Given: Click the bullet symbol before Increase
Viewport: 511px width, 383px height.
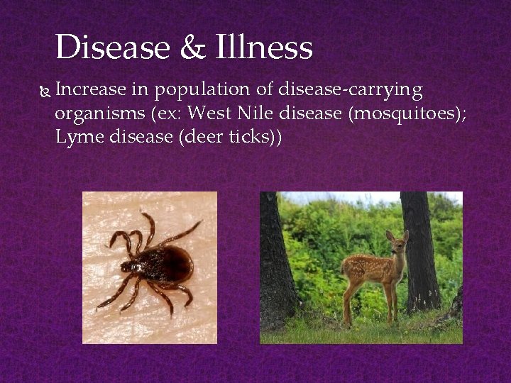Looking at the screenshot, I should click(x=44, y=91).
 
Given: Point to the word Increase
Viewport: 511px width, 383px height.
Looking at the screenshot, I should click(x=90, y=90).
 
